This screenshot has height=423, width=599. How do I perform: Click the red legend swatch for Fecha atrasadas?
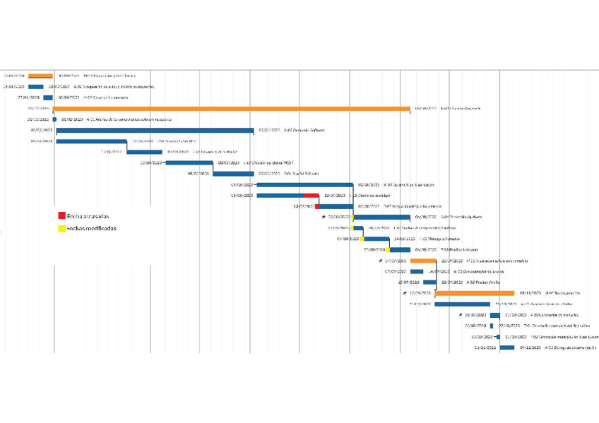pyautogui.click(x=62, y=215)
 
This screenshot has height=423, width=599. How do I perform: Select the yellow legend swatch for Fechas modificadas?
pyautogui.click(x=62, y=228)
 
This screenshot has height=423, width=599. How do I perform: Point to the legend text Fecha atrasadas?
pyautogui.click(x=88, y=215)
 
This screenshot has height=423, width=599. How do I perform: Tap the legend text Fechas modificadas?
pyautogui.click(x=92, y=228)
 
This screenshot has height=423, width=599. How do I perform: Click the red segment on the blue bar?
pyautogui.click(x=311, y=195)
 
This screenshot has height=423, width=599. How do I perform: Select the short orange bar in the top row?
pyautogui.click(x=40, y=76)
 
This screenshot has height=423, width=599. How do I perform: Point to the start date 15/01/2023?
pyautogui.click(x=13, y=87)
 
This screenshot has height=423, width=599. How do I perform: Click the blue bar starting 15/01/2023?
pyautogui.click(x=36, y=87)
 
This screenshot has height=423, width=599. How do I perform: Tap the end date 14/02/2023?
pyautogui.click(x=58, y=87)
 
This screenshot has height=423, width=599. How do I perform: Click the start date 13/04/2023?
pyautogui.click(x=151, y=162)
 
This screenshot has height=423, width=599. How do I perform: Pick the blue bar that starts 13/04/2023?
pyautogui.click(x=189, y=162)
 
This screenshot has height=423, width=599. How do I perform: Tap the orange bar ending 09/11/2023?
pyautogui.click(x=474, y=293)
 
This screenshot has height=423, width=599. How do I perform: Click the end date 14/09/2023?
pyautogui.click(x=439, y=271)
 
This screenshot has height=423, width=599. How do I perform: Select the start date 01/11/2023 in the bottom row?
pyautogui.click(x=486, y=347)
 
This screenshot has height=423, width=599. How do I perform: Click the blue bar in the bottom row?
pyautogui.click(x=506, y=347)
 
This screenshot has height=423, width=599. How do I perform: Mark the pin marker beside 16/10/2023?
pyautogui.click(x=461, y=315)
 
